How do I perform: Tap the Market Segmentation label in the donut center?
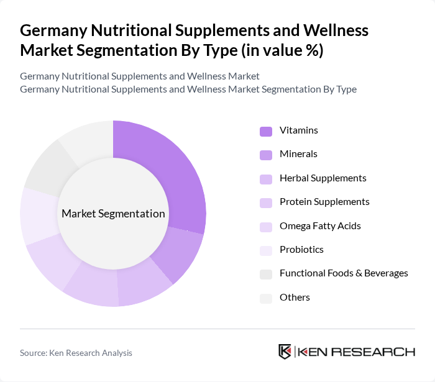point(113,214)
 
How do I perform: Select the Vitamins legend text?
point(298,130)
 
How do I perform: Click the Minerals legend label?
point(298,154)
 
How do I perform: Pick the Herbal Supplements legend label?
point(323,178)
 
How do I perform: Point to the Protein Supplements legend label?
point(324,202)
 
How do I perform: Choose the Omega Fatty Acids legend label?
point(320,225)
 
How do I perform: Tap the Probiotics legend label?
point(301,250)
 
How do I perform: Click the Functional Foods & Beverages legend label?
point(344,273)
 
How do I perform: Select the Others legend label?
point(295,298)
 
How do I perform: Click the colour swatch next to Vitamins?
point(266,131)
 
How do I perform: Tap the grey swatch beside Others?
point(266,298)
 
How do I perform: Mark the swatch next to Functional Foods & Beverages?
point(266,274)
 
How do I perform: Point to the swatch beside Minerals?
point(266,155)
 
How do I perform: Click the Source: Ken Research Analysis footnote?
point(76,353)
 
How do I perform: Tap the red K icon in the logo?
point(285,352)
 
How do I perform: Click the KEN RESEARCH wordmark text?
point(357,352)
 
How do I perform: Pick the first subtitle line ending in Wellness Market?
point(139,76)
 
